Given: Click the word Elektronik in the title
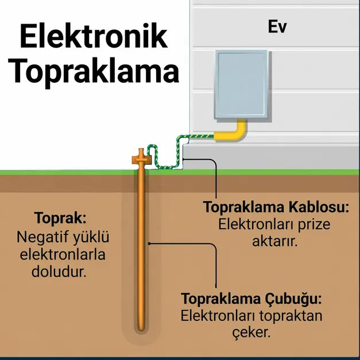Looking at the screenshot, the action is coord(94,36).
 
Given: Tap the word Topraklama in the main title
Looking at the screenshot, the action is coord(94,71).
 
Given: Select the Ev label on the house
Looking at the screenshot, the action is coord(277,27).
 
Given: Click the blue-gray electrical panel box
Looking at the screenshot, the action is coord(241,84).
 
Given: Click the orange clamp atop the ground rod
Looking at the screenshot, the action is coord(141,158).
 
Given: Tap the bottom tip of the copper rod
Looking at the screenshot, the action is coord(141,330).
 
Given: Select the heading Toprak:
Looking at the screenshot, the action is coord(60,218).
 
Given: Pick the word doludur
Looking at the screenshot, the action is coord(59,272).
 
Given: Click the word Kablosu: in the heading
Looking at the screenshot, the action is coord(319,207).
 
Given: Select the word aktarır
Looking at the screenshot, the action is coord(275,241).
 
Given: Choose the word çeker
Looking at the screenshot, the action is coord(251,332).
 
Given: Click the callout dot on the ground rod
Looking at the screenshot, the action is coord(149,243).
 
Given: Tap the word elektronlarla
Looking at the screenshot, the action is coord(63,254).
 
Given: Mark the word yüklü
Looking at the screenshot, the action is coord(91,237).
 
